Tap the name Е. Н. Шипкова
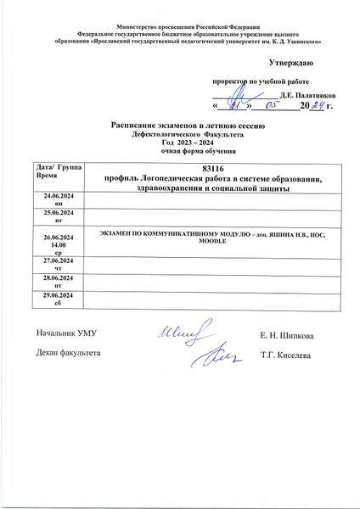coord(286,338)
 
